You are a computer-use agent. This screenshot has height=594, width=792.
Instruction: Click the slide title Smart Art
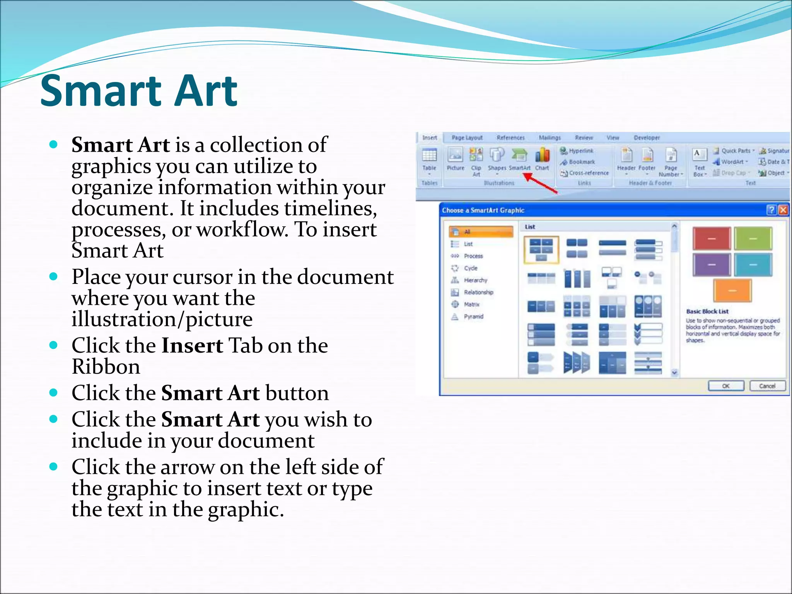pos(138,91)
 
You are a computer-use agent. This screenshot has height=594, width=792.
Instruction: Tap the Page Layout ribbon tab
pos(467,138)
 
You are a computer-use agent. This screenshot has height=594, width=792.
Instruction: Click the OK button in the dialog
pos(725,386)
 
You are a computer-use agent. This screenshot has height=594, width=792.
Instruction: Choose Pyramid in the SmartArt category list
pos(473,316)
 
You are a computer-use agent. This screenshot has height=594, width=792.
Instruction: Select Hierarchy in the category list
pos(475,280)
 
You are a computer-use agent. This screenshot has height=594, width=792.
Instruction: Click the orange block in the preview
pos(732,290)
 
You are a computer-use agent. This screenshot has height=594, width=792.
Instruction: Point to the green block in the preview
pos(753,239)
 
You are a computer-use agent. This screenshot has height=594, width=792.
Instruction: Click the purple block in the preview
pos(712,265)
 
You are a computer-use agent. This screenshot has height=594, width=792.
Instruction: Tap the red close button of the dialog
pos(783,210)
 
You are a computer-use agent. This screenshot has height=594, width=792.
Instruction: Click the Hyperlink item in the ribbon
pos(580,151)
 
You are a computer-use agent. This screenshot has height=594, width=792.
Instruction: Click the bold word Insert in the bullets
pos(192,345)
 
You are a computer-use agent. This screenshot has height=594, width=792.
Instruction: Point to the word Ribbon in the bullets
pos(106,367)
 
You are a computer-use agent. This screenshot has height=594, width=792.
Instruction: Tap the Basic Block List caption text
pos(707,311)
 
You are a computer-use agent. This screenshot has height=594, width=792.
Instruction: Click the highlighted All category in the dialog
pos(481,232)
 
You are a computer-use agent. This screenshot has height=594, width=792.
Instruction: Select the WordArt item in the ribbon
pos(732,162)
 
